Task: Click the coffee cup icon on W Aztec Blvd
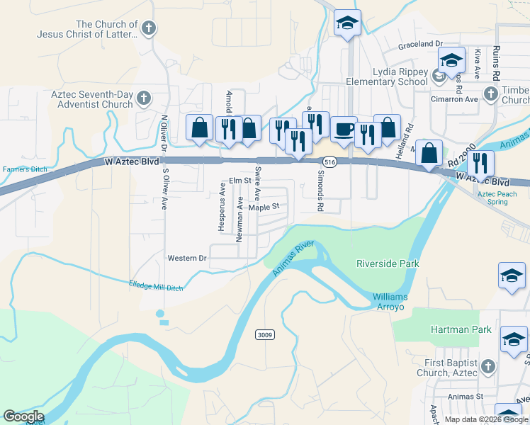pos(344,129)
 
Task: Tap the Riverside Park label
pos(388,263)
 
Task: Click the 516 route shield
pos(329,162)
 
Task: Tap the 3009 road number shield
pos(265,334)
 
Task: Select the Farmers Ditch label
pos(23,169)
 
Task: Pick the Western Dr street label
pos(186,258)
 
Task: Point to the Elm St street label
pos(235,181)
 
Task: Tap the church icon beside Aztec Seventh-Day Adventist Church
pos(144,98)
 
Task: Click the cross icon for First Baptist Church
pos(487,366)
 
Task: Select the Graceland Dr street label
pos(419,44)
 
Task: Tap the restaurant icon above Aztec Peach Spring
pos(480,163)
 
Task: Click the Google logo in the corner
pos(23,416)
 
